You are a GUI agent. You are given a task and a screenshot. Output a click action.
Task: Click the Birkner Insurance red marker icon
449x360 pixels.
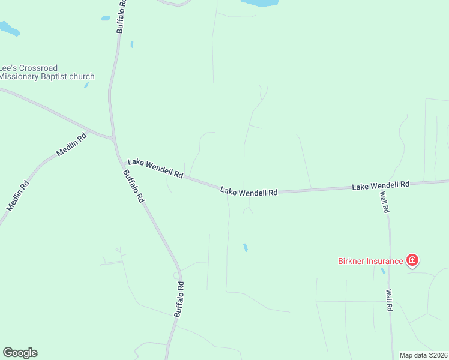(412, 260)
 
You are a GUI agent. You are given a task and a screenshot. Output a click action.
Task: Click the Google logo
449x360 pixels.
(20, 353)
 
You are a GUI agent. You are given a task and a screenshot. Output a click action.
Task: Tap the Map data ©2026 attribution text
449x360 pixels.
(423, 355)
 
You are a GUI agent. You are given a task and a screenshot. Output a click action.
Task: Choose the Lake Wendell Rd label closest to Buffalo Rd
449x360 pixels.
(155, 169)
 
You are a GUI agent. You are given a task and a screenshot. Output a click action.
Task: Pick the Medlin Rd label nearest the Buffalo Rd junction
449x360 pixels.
(72, 145)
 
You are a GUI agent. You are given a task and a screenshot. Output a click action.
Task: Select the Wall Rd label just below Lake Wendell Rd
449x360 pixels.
(384, 203)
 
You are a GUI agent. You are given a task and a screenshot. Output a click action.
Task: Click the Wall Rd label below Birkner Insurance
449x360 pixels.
(389, 299)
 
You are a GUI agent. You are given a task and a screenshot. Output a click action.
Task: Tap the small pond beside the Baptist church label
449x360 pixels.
(87, 85)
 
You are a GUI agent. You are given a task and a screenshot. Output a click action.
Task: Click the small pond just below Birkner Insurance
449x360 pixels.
(383, 271)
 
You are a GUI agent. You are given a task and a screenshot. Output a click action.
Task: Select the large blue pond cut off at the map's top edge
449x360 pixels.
(260, 3)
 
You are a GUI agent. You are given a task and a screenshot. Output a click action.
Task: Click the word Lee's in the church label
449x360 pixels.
(6, 68)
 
